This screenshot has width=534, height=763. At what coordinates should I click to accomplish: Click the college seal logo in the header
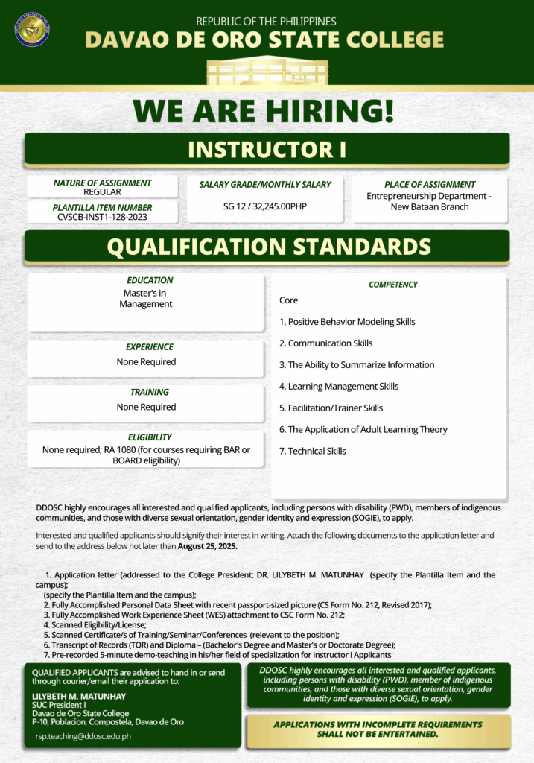(x=32, y=30)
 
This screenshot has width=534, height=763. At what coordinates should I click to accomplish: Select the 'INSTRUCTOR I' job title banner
(x=267, y=149)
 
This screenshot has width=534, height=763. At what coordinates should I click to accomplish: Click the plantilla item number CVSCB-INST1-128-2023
(x=102, y=217)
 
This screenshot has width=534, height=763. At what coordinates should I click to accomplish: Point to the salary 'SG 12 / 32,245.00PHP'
(x=264, y=206)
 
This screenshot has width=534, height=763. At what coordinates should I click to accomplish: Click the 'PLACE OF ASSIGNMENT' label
(x=430, y=185)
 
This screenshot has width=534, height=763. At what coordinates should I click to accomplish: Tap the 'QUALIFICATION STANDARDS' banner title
(x=268, y=247)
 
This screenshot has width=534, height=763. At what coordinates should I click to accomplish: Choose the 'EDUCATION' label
(x=149, y=280)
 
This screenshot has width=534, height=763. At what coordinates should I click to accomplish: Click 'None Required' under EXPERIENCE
(x=146, y=362)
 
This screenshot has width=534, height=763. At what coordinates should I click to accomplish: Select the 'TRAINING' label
(x=149, y=392)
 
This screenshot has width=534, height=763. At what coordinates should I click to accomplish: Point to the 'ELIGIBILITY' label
(x=149, y=437)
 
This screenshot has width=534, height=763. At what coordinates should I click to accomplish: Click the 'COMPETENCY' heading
(x=393, y=285)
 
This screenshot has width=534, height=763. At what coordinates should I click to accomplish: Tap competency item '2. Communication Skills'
(x=325, y=343)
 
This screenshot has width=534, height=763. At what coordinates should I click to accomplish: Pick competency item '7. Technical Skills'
(x=312, y=451)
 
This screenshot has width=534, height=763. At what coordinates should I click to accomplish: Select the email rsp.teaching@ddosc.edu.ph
(x=83, y=735)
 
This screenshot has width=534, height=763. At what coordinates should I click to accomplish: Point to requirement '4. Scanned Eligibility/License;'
(x=94, y=625)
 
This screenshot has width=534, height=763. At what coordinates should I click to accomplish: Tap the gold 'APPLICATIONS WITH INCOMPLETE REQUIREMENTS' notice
(x=378, y=729)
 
